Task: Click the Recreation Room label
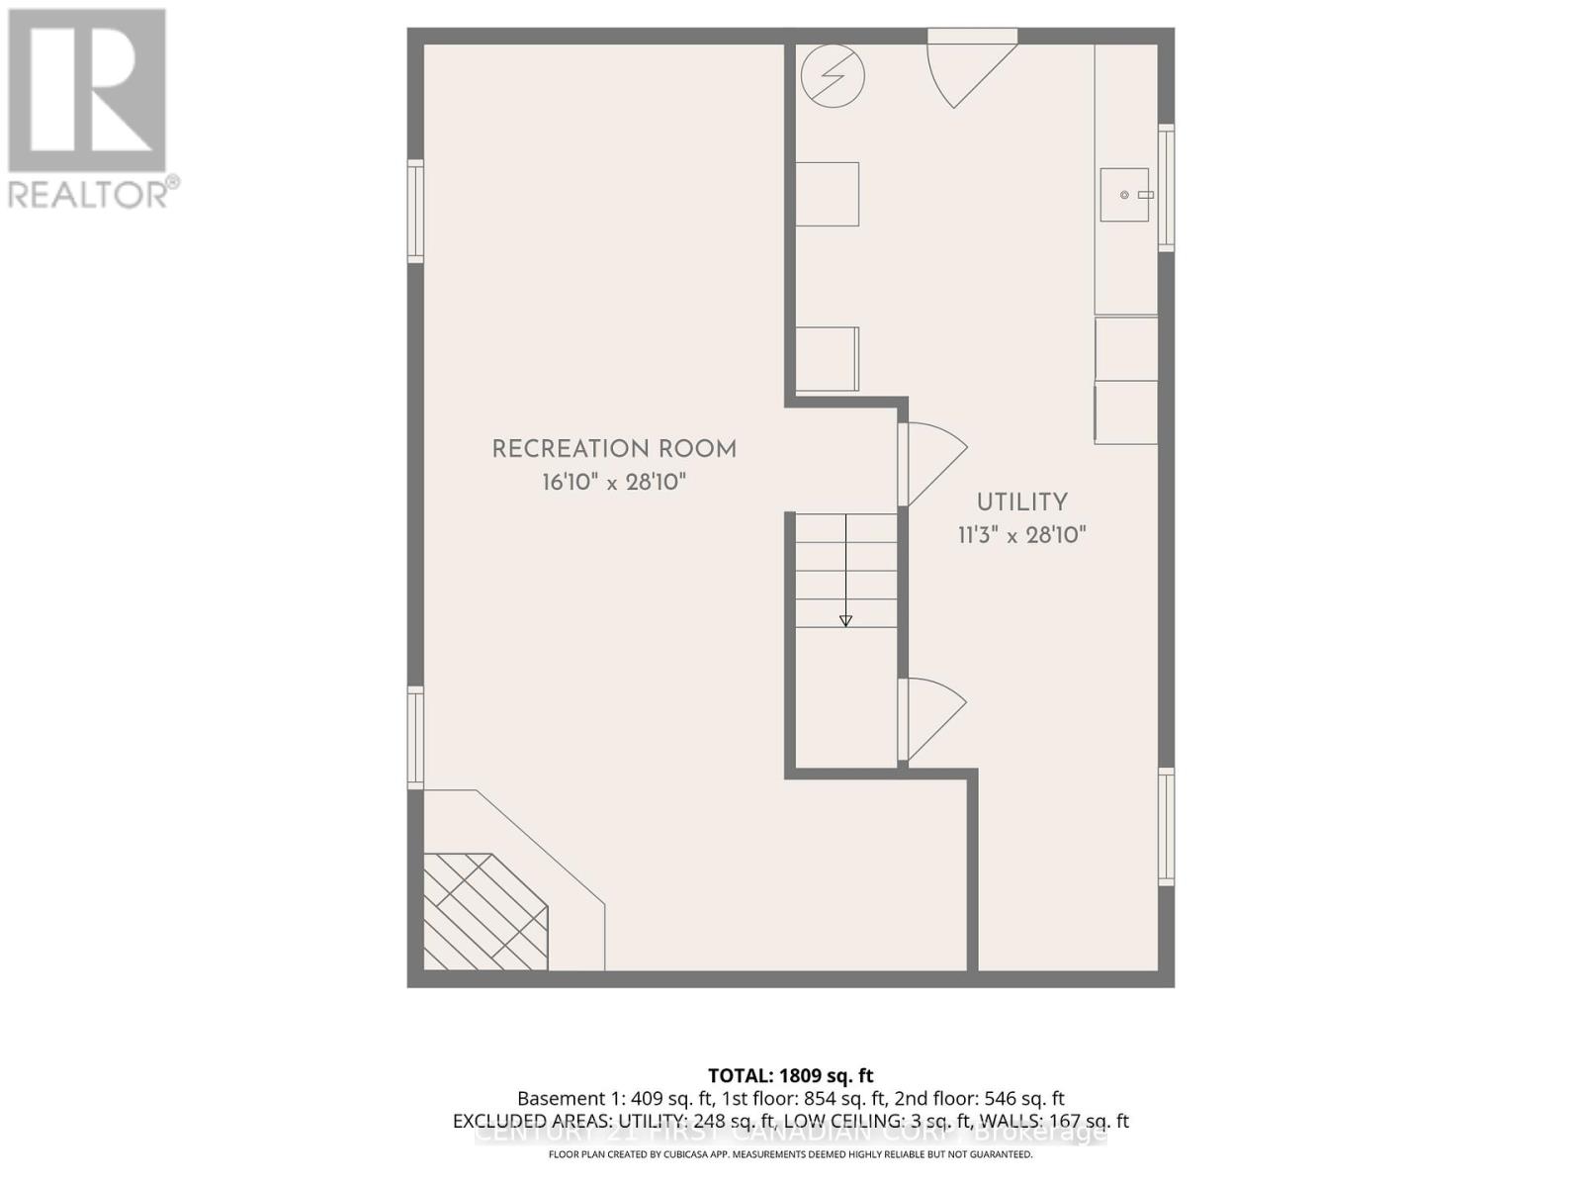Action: [614, 449]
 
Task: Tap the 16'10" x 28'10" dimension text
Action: [614, 483]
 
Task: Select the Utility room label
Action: [1022, 502]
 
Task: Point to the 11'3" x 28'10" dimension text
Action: [1022, 535]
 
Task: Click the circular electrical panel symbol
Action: [833, 75]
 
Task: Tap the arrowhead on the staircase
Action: [845, 620]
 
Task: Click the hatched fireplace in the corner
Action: [484, 911]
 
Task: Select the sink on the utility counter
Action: [1125, 195]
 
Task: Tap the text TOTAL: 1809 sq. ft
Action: [790, 1075]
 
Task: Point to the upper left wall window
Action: [416, 212]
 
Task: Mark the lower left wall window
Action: [416, 737]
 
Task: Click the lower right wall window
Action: [1167, 827]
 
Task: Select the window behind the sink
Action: [1167, 187]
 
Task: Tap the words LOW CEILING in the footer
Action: [853, 1122]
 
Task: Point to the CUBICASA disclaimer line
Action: [790, 1154]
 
